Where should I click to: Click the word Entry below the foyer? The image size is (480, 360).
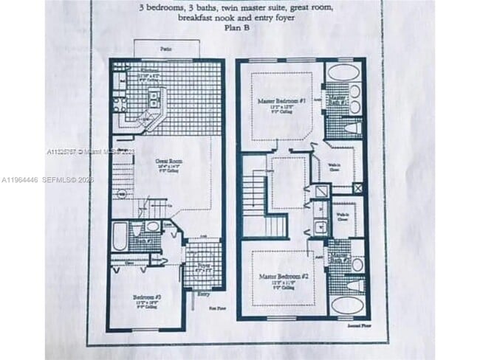(x=202, y=293)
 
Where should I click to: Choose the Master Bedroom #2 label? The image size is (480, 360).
(x=277, y=277)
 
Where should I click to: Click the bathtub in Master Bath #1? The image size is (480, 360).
(x=343, y=72)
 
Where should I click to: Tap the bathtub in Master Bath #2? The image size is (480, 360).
(x=345, y=305)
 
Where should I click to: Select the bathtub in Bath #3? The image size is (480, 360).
(x=120, y=238)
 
